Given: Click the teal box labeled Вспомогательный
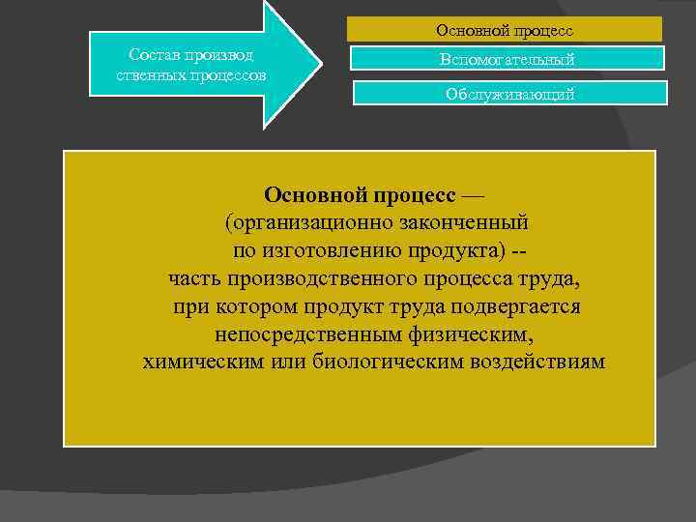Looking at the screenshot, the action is (507, 59).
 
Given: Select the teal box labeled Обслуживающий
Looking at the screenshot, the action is (509, 94).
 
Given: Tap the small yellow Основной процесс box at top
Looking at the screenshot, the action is (505, 30).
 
